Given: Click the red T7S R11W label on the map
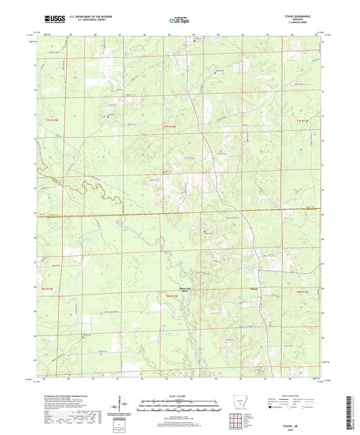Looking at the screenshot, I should click(x=303, y=121).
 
